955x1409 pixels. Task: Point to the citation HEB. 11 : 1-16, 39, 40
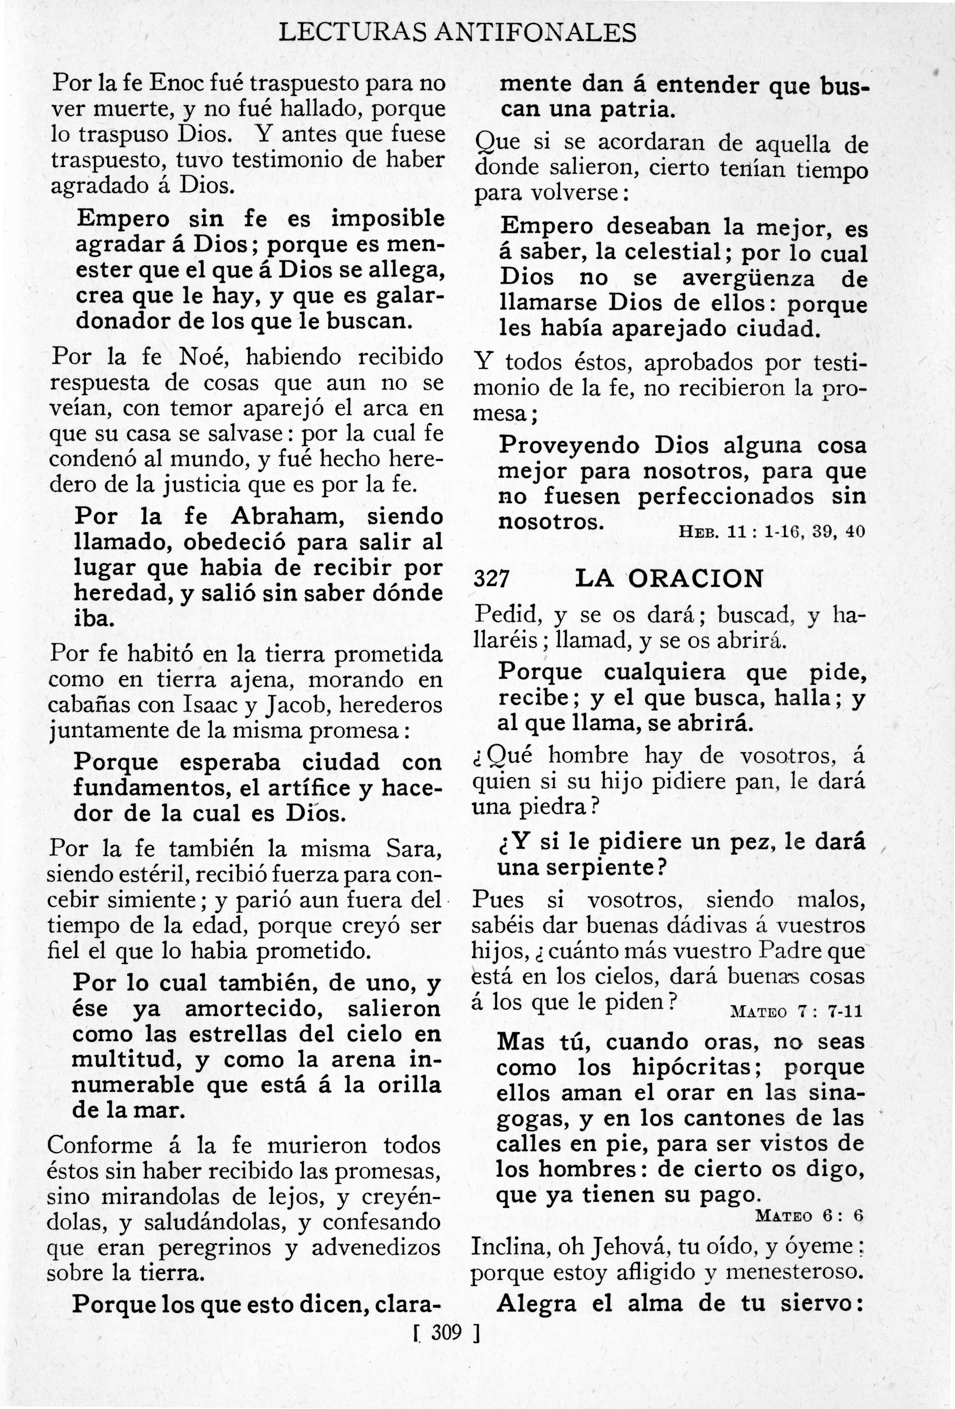(771, 532)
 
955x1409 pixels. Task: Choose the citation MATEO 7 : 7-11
(797, 1011)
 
